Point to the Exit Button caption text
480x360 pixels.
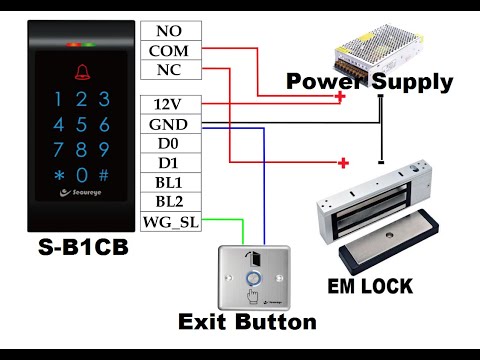[247, 322]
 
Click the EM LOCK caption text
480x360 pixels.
[371, 287]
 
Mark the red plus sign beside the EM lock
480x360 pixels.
[343, 162]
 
